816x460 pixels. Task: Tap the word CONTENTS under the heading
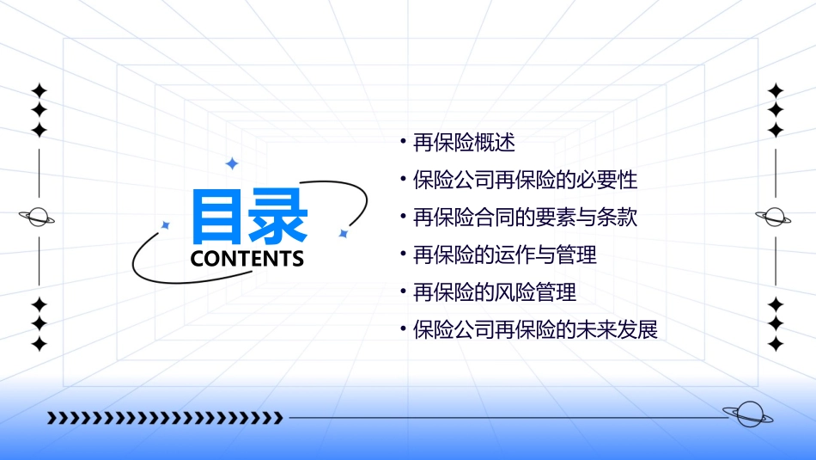click(247, 259)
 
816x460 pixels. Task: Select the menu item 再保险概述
click(464, 143)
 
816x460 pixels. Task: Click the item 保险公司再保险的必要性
click(525, 181)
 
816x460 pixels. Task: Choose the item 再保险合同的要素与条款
click(525, 218)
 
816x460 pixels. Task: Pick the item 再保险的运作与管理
click(504, 255)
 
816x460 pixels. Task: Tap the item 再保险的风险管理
click(494, 292)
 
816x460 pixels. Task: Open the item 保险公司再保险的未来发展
click(535, 329)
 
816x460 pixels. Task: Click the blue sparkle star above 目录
click(231, 163)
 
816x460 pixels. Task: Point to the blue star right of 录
click(343, 233)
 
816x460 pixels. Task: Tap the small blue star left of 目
click(166, 225)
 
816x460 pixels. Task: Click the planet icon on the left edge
click(38, 218)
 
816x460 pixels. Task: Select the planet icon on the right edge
click(774, 218)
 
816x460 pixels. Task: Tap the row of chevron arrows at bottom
click(165, 419)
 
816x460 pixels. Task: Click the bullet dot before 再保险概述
click(404, 142)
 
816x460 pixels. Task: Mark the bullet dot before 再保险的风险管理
click(404, 291)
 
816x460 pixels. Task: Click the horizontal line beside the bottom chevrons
click(507, 419)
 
